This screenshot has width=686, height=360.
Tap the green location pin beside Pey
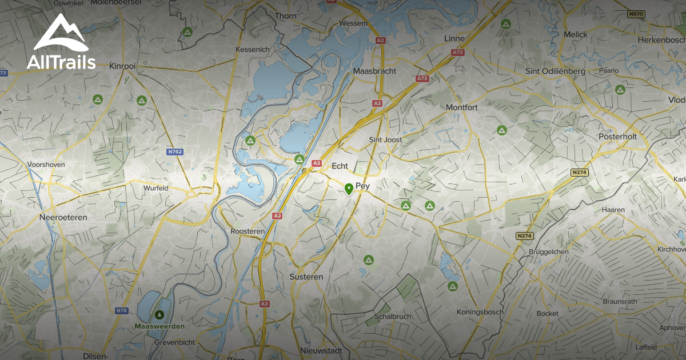[349, 189]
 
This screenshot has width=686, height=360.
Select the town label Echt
[340, 166]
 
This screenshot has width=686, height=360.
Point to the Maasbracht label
[375, 71]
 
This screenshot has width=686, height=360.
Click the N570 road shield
[636, 14]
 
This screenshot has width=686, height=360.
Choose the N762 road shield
[175, 152]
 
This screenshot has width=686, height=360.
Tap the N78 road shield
[121, 310]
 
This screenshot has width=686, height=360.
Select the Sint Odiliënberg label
[555, 71]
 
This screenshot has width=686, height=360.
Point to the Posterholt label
[617, 137]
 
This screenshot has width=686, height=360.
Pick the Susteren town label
[307, 277]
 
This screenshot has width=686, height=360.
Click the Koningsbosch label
[479, 312]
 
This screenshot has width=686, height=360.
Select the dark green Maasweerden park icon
[159, 314]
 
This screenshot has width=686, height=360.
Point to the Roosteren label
[247, 231]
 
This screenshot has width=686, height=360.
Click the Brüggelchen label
[548, 251]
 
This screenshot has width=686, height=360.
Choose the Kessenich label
[252, 50]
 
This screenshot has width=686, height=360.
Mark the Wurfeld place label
[155, 187]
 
